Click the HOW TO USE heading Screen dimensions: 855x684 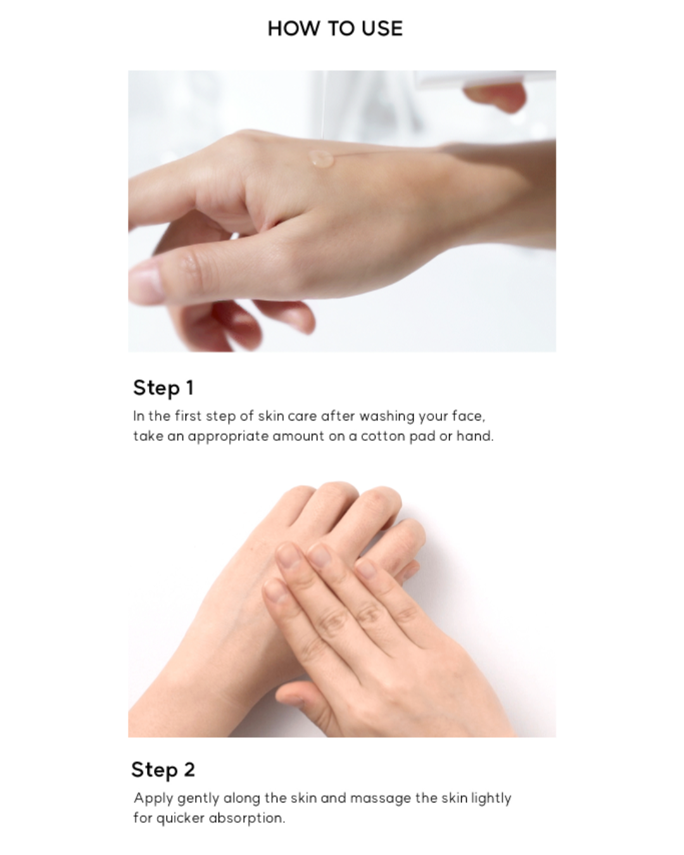(x=335, y=28)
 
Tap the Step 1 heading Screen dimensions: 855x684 (x=163, y=388)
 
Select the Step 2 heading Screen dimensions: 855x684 (x=163, y=769)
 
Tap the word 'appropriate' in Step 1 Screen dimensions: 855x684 (x=228, y=437)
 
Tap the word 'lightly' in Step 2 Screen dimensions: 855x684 (x=491, y=799)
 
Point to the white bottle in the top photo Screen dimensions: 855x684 (x=481, y=80)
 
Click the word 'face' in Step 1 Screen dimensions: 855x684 (x=467, y=417)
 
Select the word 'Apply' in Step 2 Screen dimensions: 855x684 (x=153, y=799)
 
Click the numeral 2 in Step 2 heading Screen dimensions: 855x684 (x=189, y=769)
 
